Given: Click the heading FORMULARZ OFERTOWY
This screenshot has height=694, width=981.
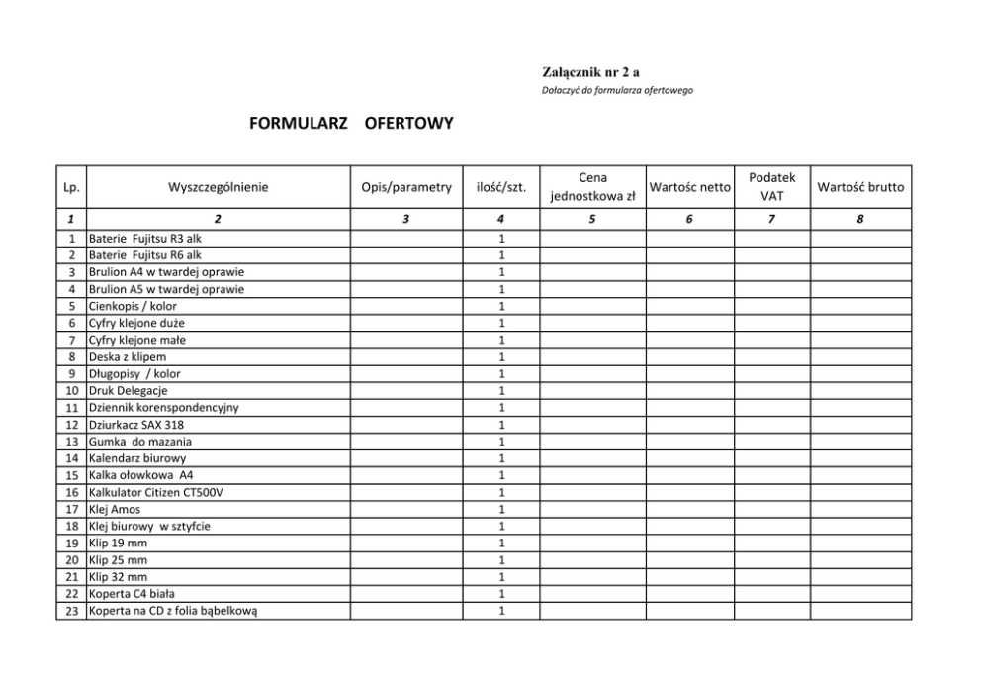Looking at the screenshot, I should [x=352, y=124].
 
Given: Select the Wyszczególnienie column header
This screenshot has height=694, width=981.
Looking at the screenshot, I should [x=219, y=186].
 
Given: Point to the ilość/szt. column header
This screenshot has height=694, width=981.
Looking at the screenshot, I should [x=501, y=186].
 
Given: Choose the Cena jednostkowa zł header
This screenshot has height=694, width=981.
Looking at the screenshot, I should [x=591, y=186].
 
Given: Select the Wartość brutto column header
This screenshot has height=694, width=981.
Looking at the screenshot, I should [x=860, y=186].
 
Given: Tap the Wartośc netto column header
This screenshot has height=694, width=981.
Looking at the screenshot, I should [x=689, y=186].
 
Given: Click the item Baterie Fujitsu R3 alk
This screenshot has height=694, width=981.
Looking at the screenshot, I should [x=144, y=239].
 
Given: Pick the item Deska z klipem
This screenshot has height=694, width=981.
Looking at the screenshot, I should [x=128, y=356].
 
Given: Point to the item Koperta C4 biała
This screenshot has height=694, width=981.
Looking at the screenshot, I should [x=132, y=593].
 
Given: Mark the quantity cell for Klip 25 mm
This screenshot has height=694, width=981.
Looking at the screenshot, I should [x=501, y=559].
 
